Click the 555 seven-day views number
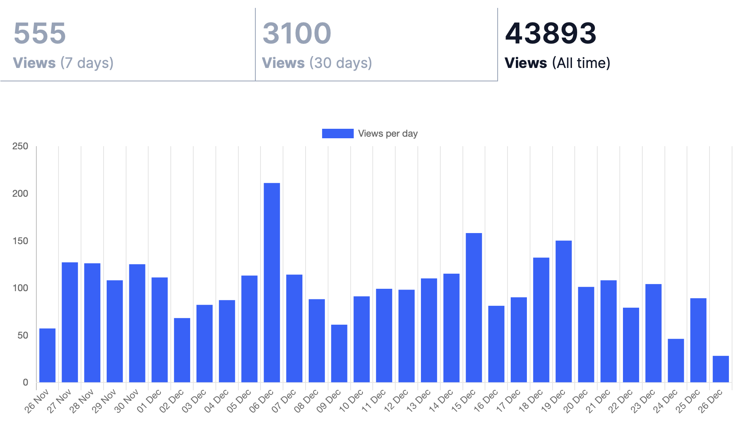pyautogui.click(x=40, y=33)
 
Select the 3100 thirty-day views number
pyautogui.click(x=296, y=33)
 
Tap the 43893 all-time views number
pyautogui.click(x=550, y=33)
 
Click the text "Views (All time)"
pyautogui.click(x=557, y=63)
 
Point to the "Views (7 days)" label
pyautogui.click(x=63, y=63)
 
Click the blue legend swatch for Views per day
pyautogui.click(x=338, y=134)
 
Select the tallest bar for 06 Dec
pyautogui.click(x=272, y=282)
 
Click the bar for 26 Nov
pyautogui.click(x=47, y=355)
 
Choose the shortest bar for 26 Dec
pyautogui.click(x=721, y=369)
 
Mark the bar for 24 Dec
pyautogui.click(x=676, y=360)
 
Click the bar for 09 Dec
pyautogui.click(x=339, y=353)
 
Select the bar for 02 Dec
pyautogui.click(x=182, y=350)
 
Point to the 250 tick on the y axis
pyautogui.click(x=20, y=146)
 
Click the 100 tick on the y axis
pyautogui.click(x=20, y=288)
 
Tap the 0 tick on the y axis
pyautogui.click(x=25, y=382)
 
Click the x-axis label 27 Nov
pyautogui.click(x=59, y=401)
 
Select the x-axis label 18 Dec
pyautogui.click(x=531, y=401)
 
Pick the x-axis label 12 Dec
pyautogui.click(x=396, y=401)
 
